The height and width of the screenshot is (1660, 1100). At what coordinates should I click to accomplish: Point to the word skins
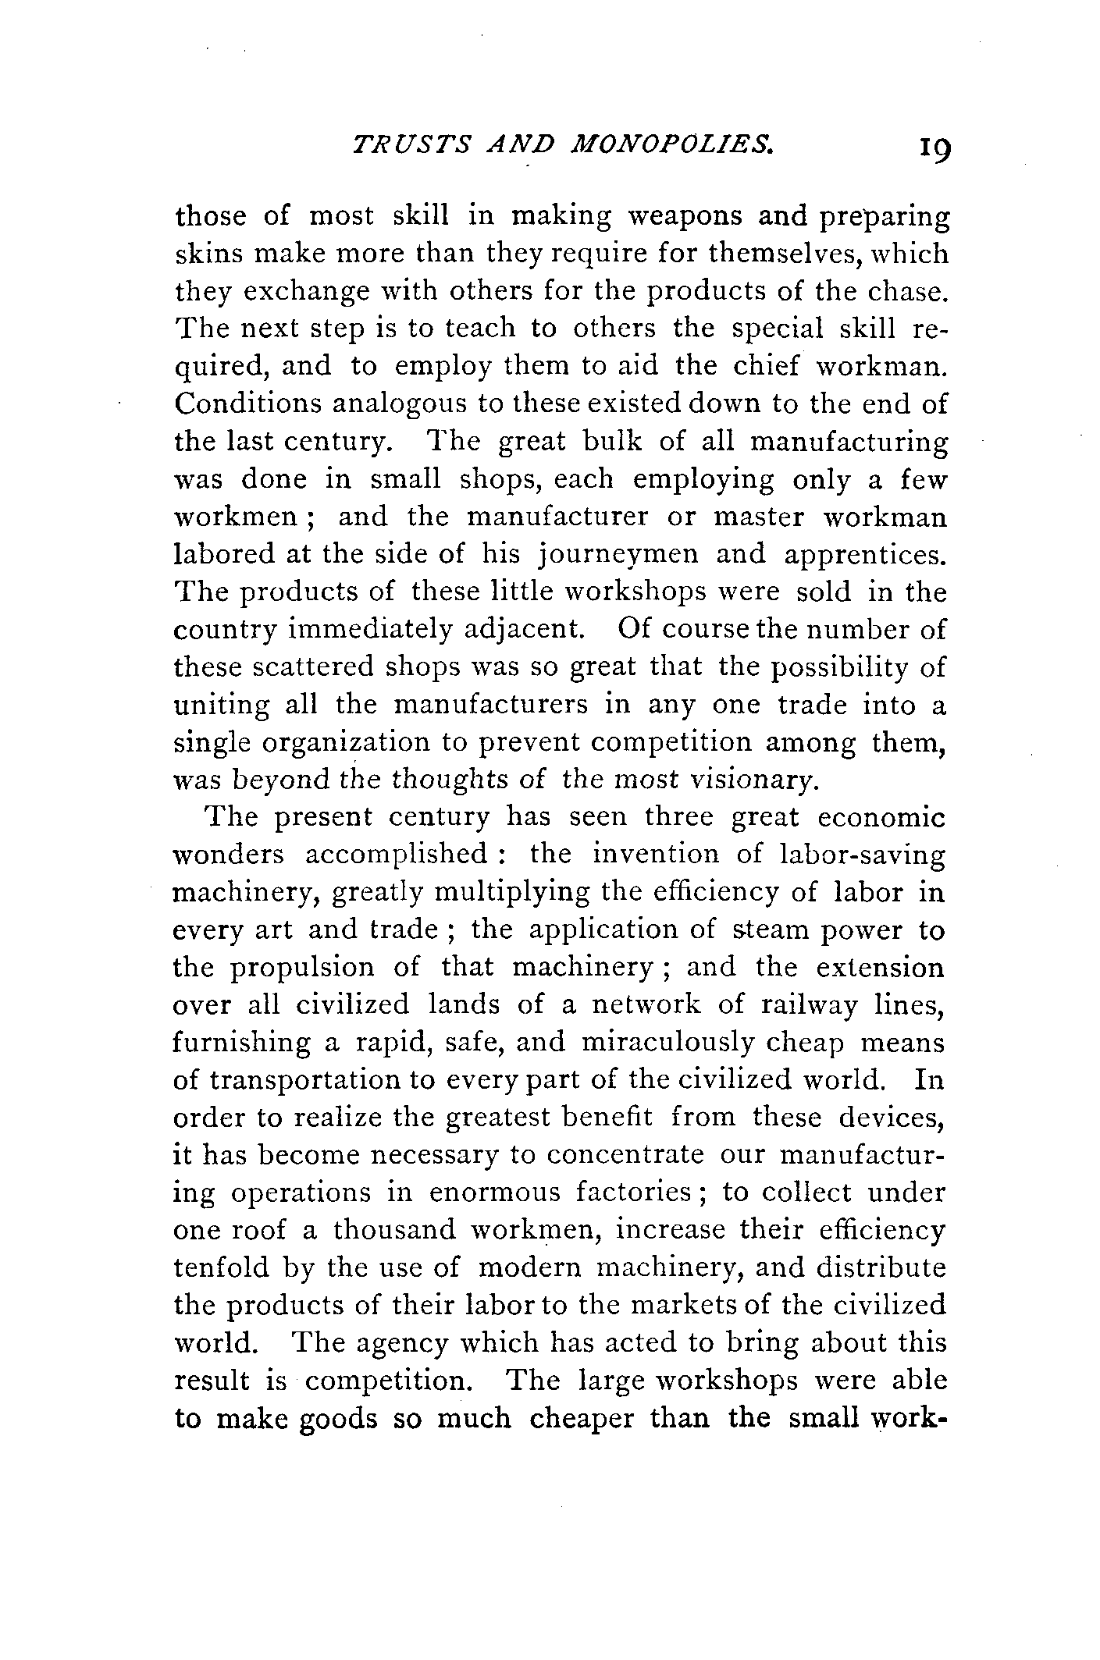205,254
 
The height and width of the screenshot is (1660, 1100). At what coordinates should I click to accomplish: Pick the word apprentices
864,554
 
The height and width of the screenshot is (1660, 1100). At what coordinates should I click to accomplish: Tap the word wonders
229,855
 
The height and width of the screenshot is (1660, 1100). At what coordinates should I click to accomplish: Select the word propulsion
301,968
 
